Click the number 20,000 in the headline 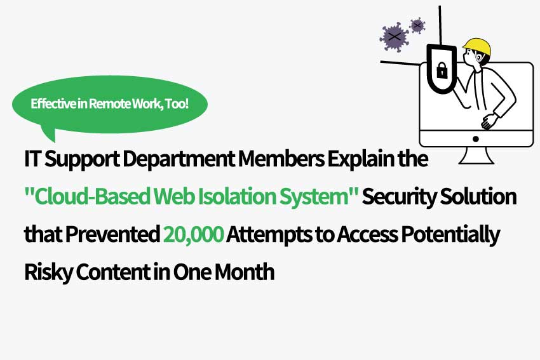[x=193, y=234]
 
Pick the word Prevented [x=112, y=234]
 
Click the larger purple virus [x=394, y=37]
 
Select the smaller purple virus [x=417, y=25]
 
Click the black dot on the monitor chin [x=476, y=139]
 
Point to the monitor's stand [x=476, y=156]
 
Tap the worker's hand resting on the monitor [x=489, y=121]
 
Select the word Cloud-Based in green [x=93, y=197]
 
